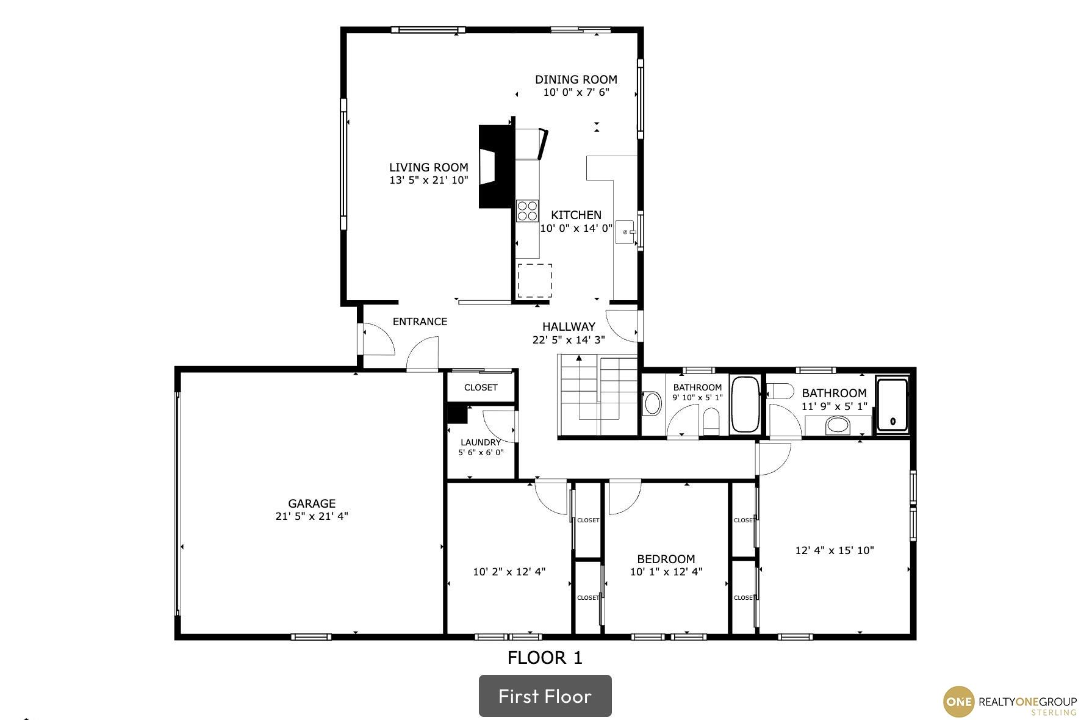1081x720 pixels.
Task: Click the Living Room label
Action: tap(429, 167)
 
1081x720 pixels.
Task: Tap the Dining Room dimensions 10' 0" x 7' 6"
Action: tap(576, 92)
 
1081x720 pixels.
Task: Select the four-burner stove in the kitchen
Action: tap(528, 211)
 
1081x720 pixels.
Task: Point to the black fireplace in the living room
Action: tap(495, 167)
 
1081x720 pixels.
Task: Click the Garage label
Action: tap(312, 503)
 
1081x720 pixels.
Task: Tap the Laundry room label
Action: tap(481, 442)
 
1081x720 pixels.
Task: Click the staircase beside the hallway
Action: tap(598, 396)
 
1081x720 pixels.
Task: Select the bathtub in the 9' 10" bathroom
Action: tap(744, 405)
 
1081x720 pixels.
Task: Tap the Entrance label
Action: tap(420, 322)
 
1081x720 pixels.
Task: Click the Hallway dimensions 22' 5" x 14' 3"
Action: tap(569, 340)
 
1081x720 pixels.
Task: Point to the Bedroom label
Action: tap(666, 559)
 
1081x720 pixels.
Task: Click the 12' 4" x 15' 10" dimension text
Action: tap(835, 550)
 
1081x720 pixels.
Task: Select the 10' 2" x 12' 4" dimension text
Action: tap(509, 572)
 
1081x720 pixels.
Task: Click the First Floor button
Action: tap(545, 696)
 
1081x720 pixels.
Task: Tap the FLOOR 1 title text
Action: tap(545, 658)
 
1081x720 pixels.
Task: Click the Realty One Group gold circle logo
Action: tap(958, 702)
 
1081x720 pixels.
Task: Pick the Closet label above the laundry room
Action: tap(481, 387)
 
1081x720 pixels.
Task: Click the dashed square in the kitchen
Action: tap(535, 281)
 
